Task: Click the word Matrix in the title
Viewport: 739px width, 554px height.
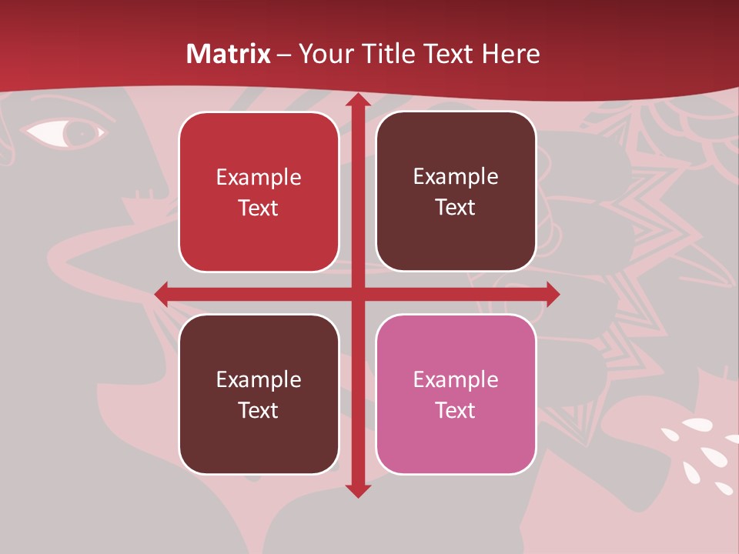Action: (229, 54)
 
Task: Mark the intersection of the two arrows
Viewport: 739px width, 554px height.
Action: (357, 293)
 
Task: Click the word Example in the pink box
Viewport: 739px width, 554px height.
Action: (456, 379)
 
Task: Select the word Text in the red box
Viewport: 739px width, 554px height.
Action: (259, 209)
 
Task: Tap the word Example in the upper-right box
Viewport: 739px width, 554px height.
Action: (456, 176)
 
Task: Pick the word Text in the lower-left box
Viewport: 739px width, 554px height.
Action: (259, 410)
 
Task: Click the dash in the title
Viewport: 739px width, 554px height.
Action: (285, 55)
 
